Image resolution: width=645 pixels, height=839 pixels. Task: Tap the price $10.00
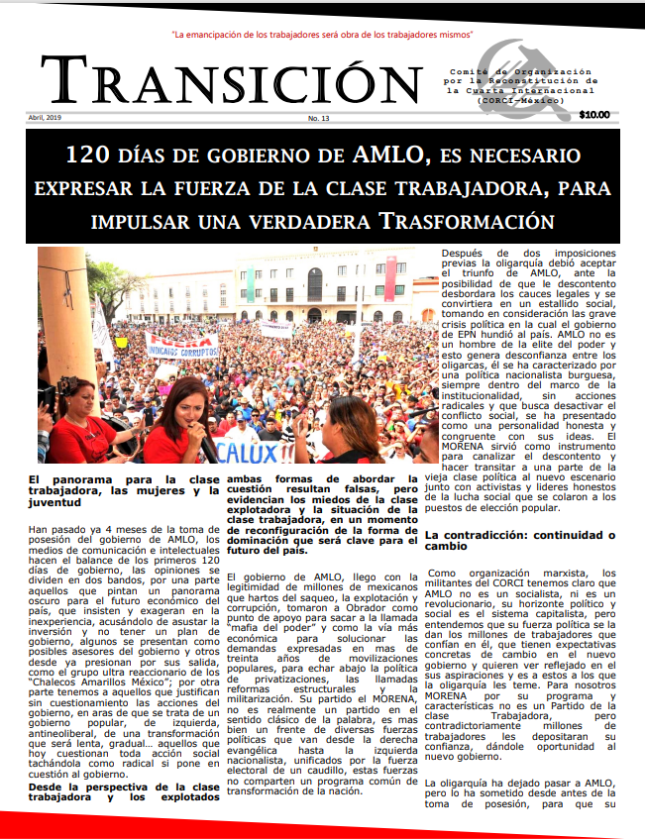(x=594, y=115)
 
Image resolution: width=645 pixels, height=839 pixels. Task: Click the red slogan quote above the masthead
(x=322, y=35)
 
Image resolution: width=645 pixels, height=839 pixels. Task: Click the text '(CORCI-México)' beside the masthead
(x=516, y=101)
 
